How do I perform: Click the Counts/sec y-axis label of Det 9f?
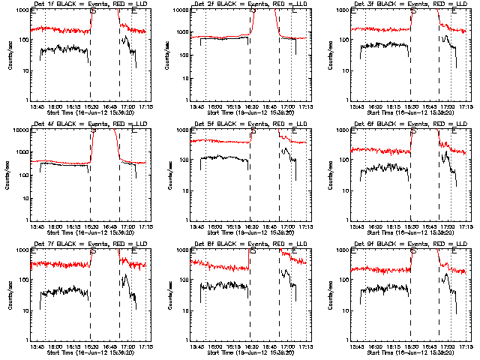point(328,294)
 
